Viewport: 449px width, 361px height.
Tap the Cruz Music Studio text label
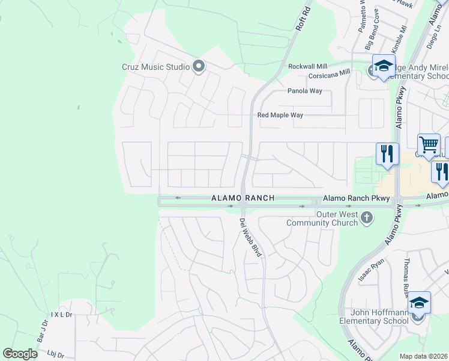tap(156, 67)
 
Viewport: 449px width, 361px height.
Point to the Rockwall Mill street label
tap(308, 66)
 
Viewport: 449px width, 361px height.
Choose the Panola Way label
tap(304, 91)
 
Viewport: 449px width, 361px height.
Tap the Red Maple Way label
tap(280, 115)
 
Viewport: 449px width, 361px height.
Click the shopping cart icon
tap(429, 145)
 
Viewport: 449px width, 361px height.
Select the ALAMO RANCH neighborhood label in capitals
tap(243, 198)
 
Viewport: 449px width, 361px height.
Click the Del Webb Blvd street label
tap(251, 238)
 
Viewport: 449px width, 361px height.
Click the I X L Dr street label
tap(61, 314)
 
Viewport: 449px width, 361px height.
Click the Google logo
tap(20, 354)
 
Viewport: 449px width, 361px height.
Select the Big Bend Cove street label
tap(372, 29)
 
